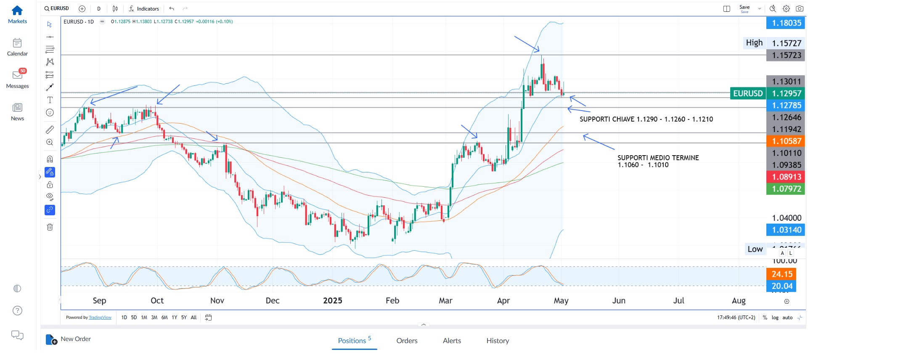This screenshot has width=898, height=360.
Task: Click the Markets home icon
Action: [17, 10]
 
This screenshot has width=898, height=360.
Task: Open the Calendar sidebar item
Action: [17, 43]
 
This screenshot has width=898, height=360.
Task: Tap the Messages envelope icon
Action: [17, 75]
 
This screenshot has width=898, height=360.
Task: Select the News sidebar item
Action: [17, 108]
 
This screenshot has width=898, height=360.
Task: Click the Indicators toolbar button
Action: [144, 8]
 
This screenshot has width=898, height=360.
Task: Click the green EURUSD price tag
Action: [748, 93]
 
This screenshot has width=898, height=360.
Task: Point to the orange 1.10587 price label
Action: [786, 141]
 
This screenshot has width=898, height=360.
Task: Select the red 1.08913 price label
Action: [786, 177]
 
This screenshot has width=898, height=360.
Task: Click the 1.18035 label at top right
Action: [786, 23]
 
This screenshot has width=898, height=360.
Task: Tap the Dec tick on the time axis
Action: [273, 301]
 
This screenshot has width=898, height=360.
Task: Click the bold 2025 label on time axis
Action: [332, 301]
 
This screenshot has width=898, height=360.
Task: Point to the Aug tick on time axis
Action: [739, 301]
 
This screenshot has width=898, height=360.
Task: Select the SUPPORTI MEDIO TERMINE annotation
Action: [658, 158]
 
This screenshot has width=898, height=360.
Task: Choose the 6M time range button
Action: [164, 318]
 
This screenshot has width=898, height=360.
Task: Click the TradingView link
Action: [100, 318]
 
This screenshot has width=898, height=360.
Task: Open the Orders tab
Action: [407, 341]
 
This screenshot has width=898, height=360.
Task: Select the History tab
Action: [498, 341]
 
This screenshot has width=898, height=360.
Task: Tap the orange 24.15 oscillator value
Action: [781, 274]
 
